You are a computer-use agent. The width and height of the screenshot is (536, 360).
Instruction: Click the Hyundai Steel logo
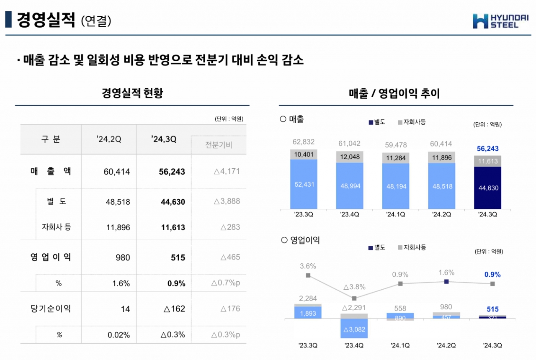coord(501,21)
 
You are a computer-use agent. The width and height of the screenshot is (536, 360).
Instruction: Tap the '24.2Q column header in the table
coord(108,140)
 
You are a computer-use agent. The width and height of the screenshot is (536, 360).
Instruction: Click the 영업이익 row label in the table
coord(51,257)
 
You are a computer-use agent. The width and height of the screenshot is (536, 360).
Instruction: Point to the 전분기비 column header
coord(219,145)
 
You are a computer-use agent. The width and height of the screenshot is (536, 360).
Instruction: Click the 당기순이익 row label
coord(51,309)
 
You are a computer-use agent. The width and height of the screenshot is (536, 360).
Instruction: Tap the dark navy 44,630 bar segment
coord(488,188)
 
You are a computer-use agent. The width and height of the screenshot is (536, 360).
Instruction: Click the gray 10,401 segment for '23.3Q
coord(303,154)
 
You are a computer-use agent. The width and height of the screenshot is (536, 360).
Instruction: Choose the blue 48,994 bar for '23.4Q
coord(349,186)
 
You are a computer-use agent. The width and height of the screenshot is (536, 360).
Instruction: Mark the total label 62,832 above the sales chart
coord(303,142)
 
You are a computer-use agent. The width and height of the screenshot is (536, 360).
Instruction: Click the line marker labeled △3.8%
coord(354,298)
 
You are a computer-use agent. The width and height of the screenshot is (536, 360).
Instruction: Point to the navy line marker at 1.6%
coord(446,282)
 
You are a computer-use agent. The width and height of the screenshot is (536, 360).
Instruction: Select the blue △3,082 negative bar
coord(354,329)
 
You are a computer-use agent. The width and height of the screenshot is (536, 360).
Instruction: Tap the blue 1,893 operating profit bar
coord(307,313)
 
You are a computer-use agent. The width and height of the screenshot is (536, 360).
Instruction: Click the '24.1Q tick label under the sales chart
coord(396,214)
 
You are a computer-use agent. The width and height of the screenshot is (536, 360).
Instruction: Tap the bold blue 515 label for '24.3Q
coord(492,309)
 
